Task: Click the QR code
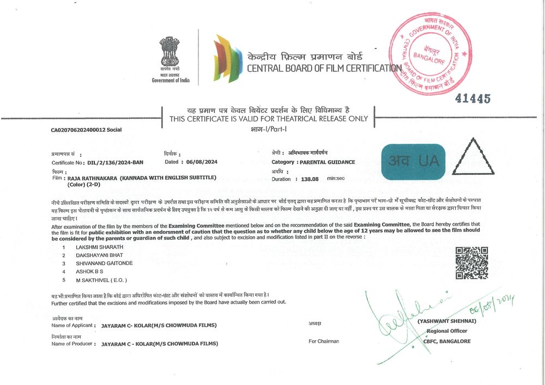click(x=471, y=263)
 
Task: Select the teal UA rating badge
click(x=414, y=162)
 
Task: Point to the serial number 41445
click(x=473, y=99)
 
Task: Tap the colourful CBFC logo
click(x=227, y=58)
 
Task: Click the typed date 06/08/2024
click(x=203, y=162)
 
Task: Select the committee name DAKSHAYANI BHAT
click(x=99, y=255)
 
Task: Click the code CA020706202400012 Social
click(x=87, y=130)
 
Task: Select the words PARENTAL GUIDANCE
click(x=326, y=162)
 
